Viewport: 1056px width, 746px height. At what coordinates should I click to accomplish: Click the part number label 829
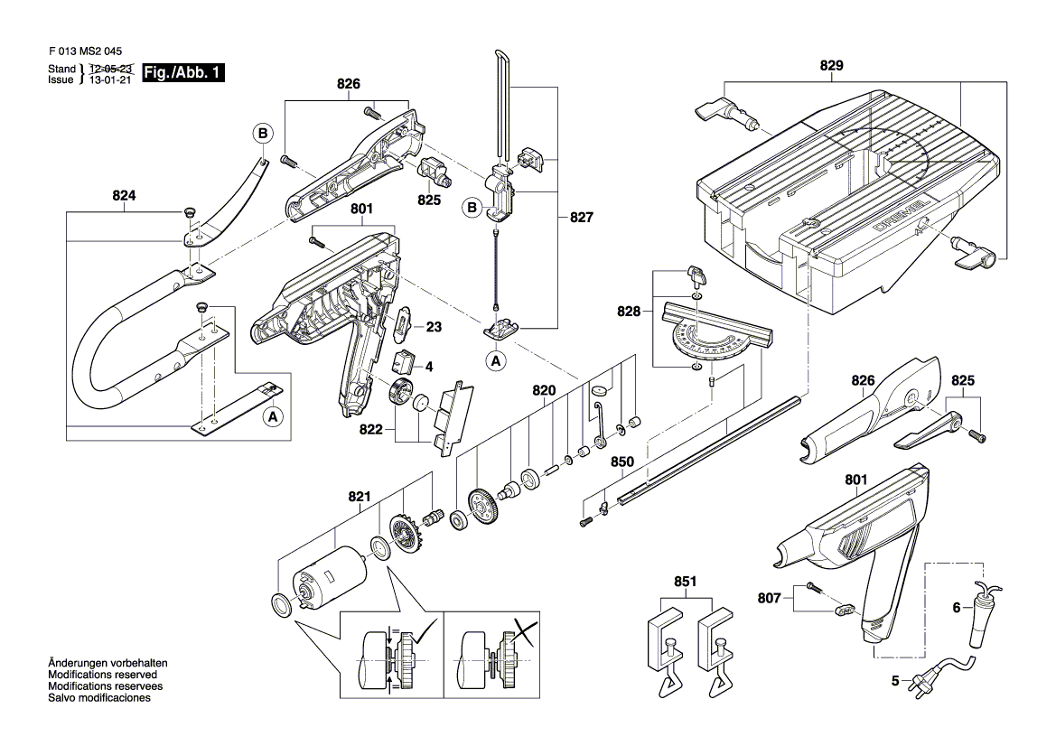click(831, 65)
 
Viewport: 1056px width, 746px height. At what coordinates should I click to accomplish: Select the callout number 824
click(124, 195)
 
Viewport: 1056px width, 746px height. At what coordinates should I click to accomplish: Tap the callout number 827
click(582, 217)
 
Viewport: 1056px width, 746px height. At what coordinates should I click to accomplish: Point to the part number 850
click(622, 462)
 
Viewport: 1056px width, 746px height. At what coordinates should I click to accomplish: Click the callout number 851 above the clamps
click(685, 581)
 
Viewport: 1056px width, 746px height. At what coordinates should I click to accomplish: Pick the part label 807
click(769, 598)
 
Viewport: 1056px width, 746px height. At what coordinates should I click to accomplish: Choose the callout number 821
click(360, 497)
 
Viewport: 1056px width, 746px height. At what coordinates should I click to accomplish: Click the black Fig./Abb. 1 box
click(183, 73)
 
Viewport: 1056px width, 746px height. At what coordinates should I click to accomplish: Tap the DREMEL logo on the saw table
click(902, 214)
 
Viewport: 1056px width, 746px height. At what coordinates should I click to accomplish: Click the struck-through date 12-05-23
click(110, 69)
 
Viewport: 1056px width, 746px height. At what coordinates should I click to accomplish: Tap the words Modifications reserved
click(102, 675)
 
